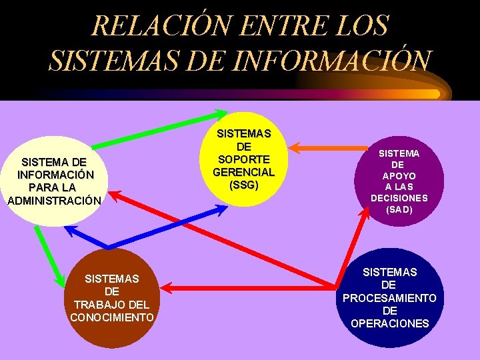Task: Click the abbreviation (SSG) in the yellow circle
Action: (x=243, y=185)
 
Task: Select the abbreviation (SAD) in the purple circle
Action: (x=399, y=209)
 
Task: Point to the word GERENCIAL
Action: (x=243, y=172)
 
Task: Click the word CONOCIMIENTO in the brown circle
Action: (x=112, y=317)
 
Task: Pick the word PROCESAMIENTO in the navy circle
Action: (x=390, y=298)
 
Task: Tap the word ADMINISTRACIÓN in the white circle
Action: (x=54, y=201)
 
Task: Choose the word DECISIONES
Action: (x=399, y=198)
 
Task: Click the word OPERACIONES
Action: (x=390, y=323)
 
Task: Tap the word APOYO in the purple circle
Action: (x=399, y=176)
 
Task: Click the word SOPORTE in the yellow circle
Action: (x=243, y=159)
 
